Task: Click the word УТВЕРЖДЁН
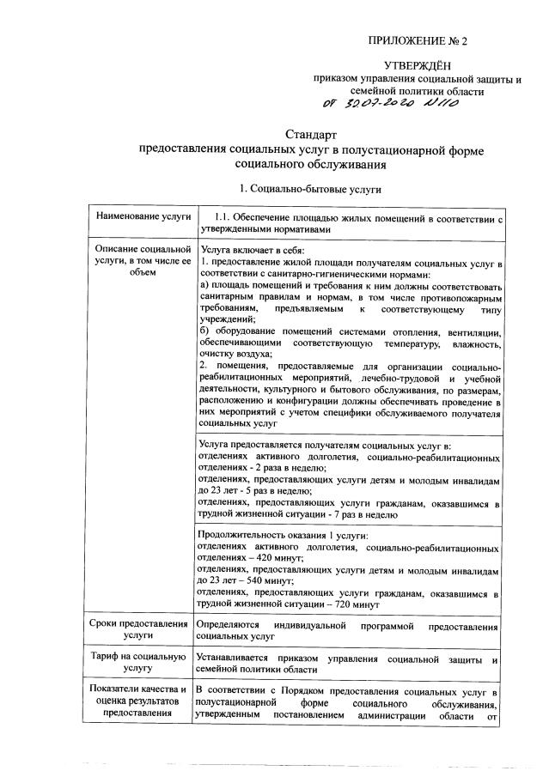(x=417, y=65)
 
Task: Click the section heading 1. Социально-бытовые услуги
(x=311, y=188)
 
